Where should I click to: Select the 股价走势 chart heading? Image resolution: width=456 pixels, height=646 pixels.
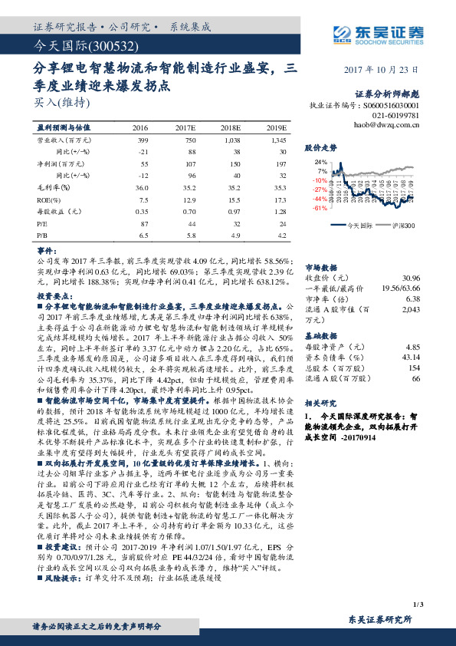coord(320,146)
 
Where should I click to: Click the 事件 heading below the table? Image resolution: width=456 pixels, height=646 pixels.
coord(47,252)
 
